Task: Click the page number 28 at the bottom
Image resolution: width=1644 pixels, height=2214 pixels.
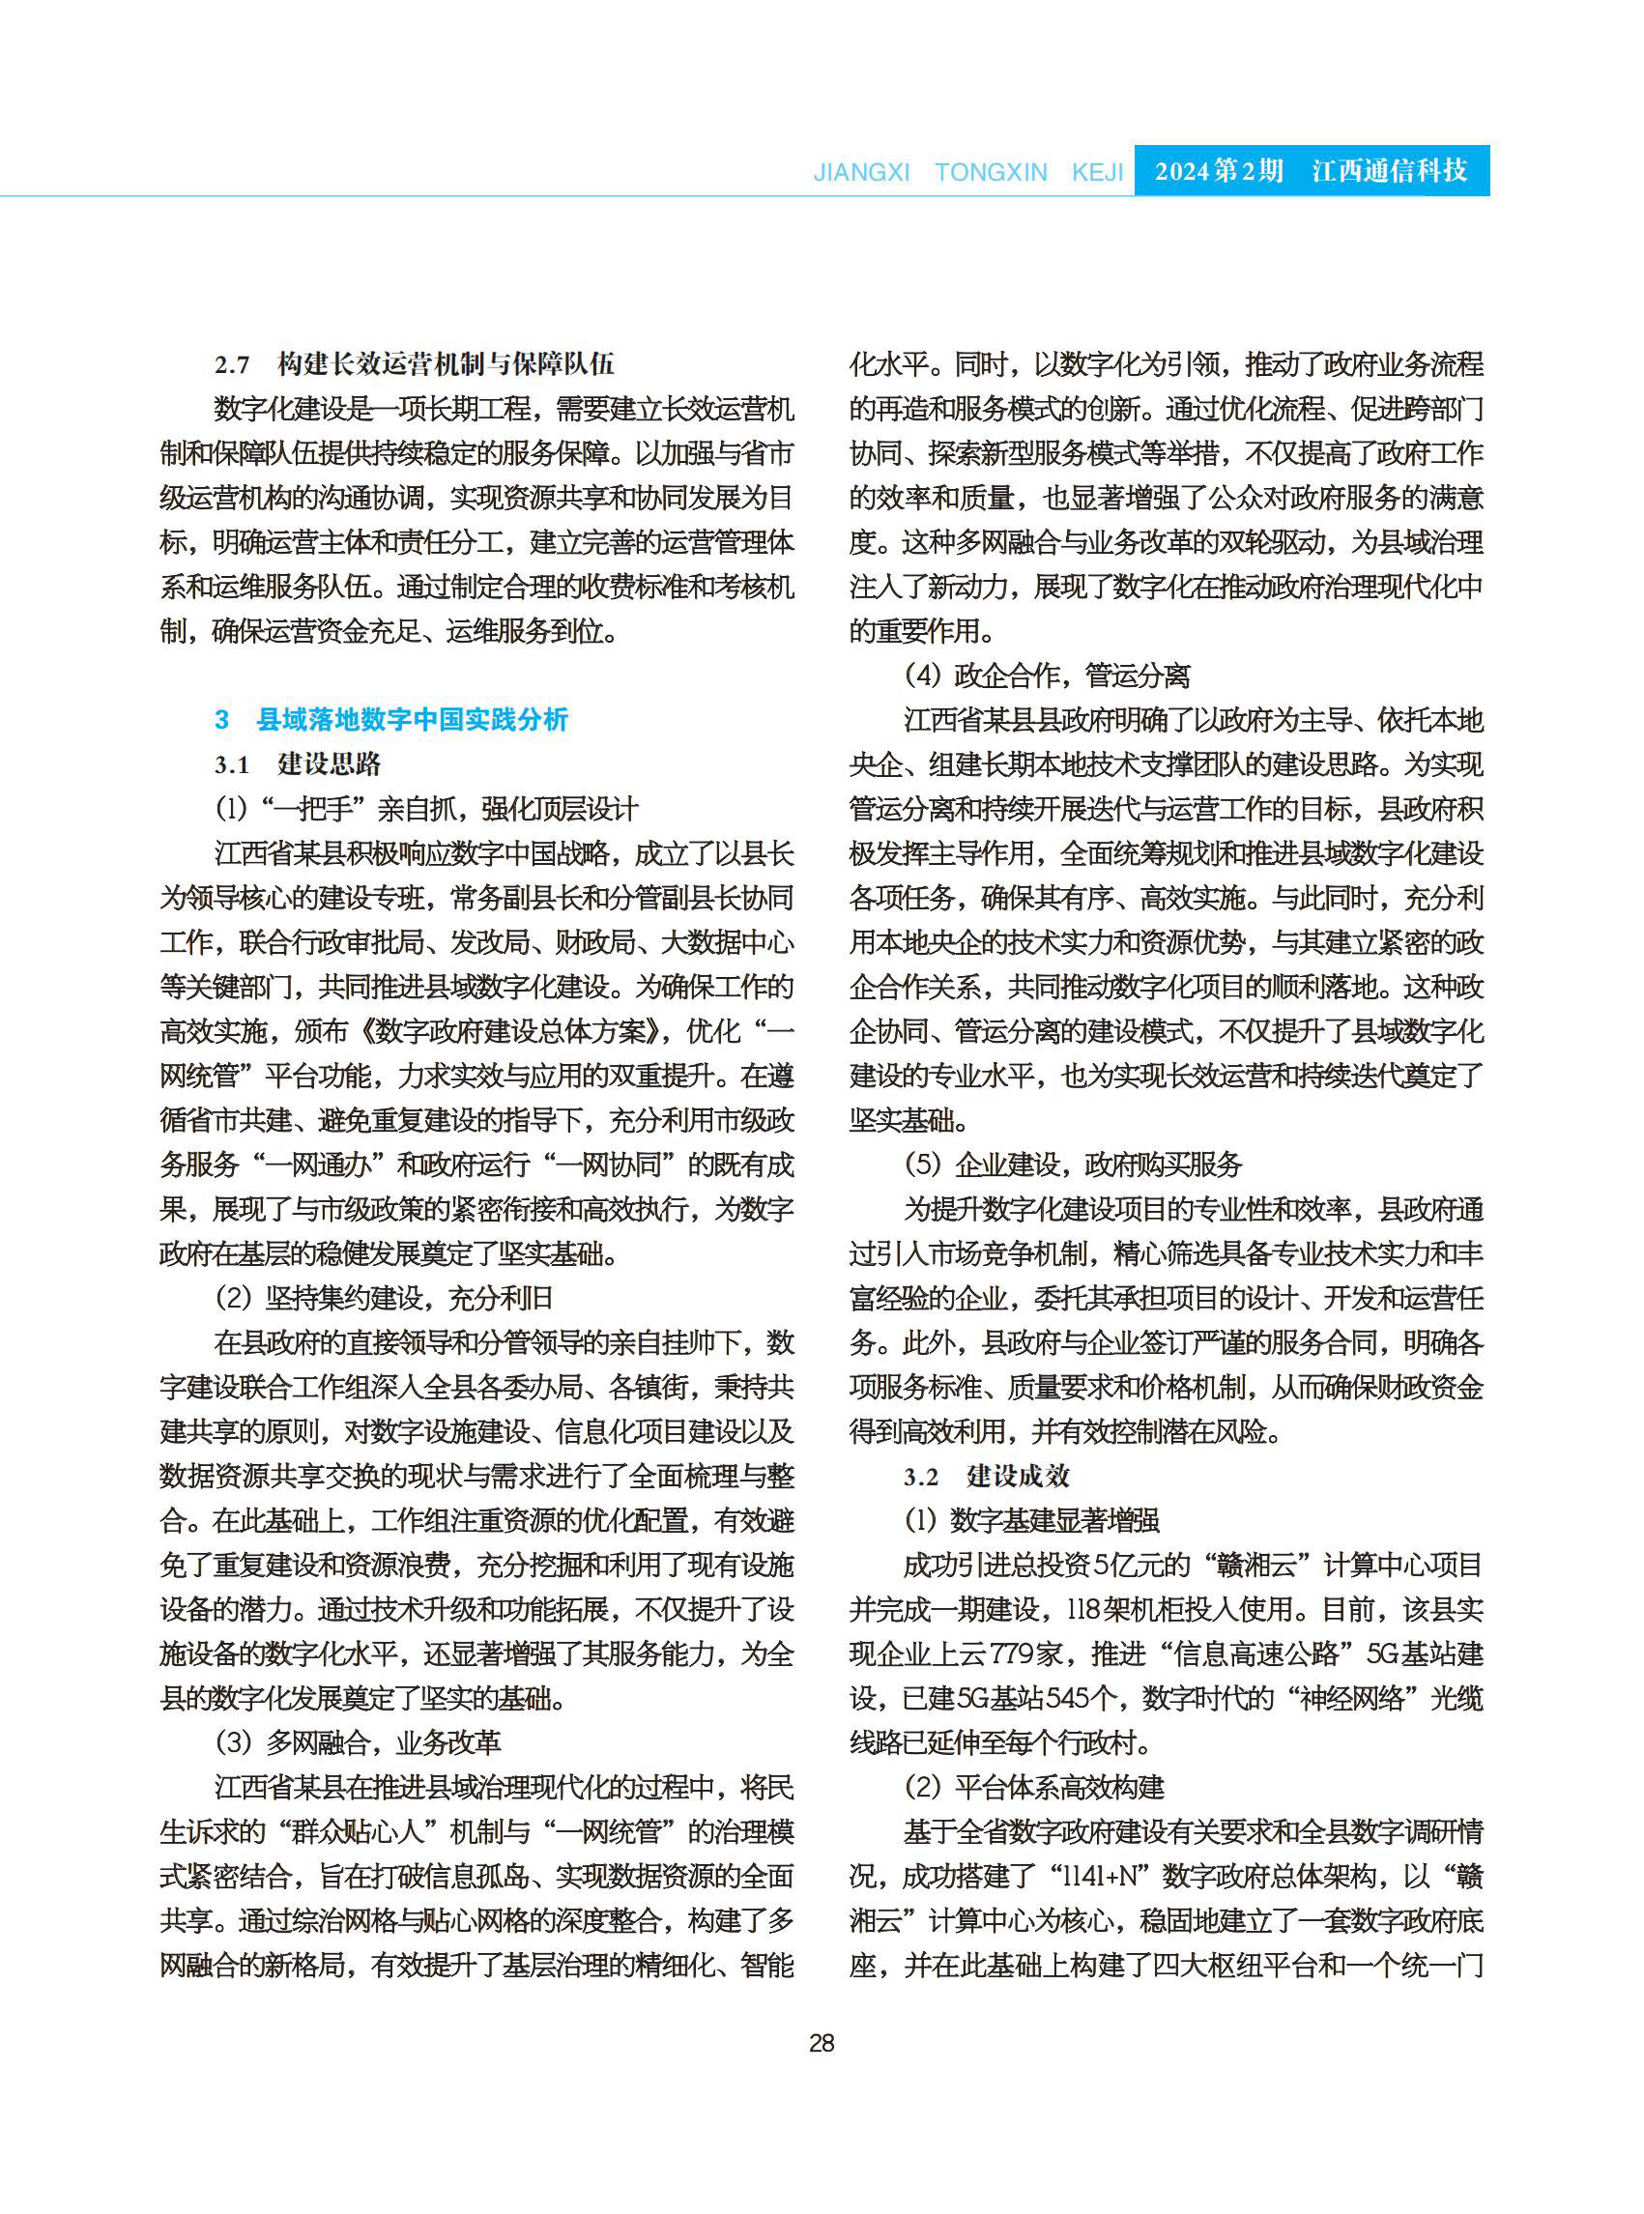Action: (x=821, y=2042)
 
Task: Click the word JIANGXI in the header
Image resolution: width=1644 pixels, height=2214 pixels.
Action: (x=861, y=172)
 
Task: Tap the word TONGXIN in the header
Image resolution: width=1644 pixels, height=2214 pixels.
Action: (x=991, y=172)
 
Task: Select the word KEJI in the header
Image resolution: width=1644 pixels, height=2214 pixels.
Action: (x=1097, y=172)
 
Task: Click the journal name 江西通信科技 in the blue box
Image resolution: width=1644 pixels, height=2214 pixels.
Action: (x=1389, y=171)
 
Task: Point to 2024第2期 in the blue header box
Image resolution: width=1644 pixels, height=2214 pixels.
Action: (x=1218, y=171)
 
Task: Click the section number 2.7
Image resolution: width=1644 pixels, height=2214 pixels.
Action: (x=232, y=365)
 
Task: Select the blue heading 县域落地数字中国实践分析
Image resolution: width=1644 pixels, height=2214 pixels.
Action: (x=412, y=719)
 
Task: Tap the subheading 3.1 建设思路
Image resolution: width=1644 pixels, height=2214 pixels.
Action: (x=298, y=764)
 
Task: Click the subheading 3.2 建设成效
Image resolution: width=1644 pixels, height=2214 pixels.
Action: (x=986, y=1476)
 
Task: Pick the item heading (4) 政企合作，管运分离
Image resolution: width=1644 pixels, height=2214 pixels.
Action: (x=1046, y=676)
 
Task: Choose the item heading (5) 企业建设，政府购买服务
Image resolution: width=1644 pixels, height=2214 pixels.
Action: (x=1073, y=1165)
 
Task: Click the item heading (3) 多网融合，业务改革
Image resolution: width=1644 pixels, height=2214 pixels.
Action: (x=358, y=1742)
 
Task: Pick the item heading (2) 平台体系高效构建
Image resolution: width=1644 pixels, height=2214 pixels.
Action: (x=1034, y=1787)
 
